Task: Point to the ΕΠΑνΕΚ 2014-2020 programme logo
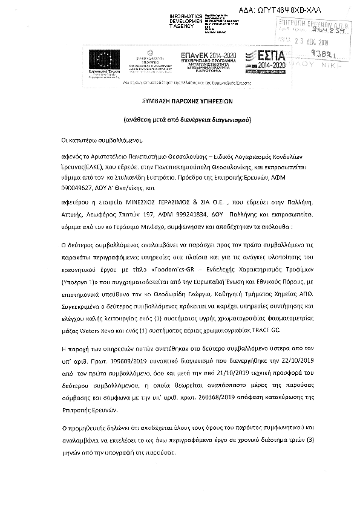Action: click(x=206, y=60)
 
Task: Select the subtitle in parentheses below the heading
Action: click(x=180, y=120)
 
